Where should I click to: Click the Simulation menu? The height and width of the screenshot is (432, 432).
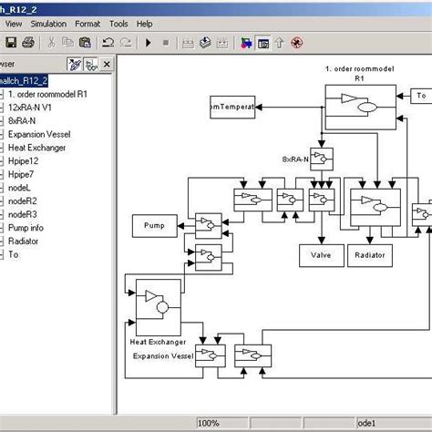[x=47, y=23]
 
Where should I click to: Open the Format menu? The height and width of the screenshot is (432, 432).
[x=88, y=23]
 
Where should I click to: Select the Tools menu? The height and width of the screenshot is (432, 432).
[x=119, y=23]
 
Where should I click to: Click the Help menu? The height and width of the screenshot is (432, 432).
[x=145, y=23]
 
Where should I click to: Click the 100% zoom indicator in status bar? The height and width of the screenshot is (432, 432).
[x=209, y=424]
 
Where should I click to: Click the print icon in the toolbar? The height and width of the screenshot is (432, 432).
[x=27, y=43]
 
